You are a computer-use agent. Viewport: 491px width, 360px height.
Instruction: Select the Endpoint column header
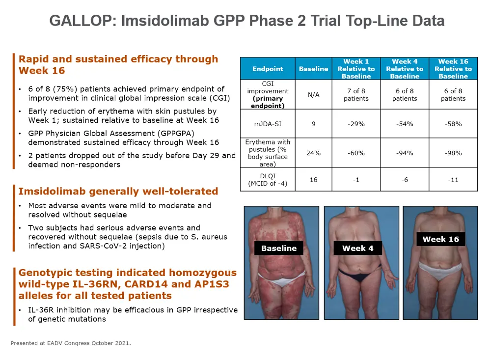pyautogui.click(x=268, y=69)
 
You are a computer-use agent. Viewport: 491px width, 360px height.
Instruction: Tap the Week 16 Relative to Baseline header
pyautogui.click(x=453, y=69)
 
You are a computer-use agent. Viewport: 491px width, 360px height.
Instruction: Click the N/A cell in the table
pyautogui.click(x=313, y=95)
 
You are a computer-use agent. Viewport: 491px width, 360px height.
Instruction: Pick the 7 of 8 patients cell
pyautogui.click(x=356, y=95)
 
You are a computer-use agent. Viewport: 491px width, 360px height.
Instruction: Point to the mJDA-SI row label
pyautogui.click(x=268, y=124)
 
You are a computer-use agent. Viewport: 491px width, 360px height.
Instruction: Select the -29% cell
pyautogui.click(x=356, y=124)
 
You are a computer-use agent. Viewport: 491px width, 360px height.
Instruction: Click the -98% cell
pyautogui.click(x=453, y=153)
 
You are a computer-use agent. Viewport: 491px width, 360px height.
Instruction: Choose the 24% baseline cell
pyautogui.click(x=313, y=153)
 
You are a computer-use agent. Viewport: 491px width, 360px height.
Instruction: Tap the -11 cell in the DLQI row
pyautogui.click(x=453, y=180)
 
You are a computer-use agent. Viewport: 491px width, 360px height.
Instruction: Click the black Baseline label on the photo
pyautogui.click(x=279, y=248)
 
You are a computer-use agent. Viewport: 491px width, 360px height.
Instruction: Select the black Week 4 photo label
pyautogui.click(x=357, y=248)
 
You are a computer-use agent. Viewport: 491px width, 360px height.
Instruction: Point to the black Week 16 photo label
pyautogui.click(x=440, y=239)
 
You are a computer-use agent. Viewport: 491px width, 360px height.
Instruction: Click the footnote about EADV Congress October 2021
pyautogui.click(x=71, y=343)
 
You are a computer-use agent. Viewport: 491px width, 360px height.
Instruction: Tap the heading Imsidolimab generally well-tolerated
pyautogui.click(x=118, y=191)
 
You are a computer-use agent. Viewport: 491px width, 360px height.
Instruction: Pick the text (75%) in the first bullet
pyautogui.click(x=65, y=89)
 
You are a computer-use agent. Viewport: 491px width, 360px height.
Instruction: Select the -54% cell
pyautogui.click(x=405, y=124)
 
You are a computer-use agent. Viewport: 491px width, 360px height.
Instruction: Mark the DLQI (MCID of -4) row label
pyautogui.click(x=268, y=180)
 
